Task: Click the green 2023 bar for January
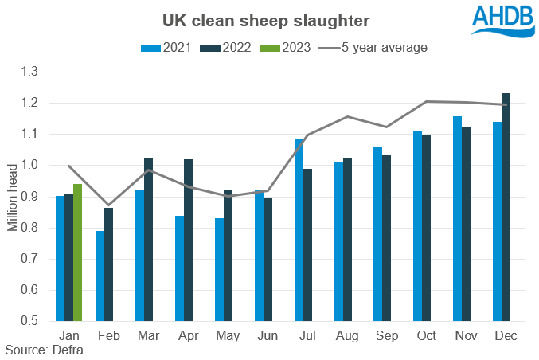click(77, 252)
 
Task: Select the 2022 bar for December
click(506, 207)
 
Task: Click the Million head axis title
click(13, 196)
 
